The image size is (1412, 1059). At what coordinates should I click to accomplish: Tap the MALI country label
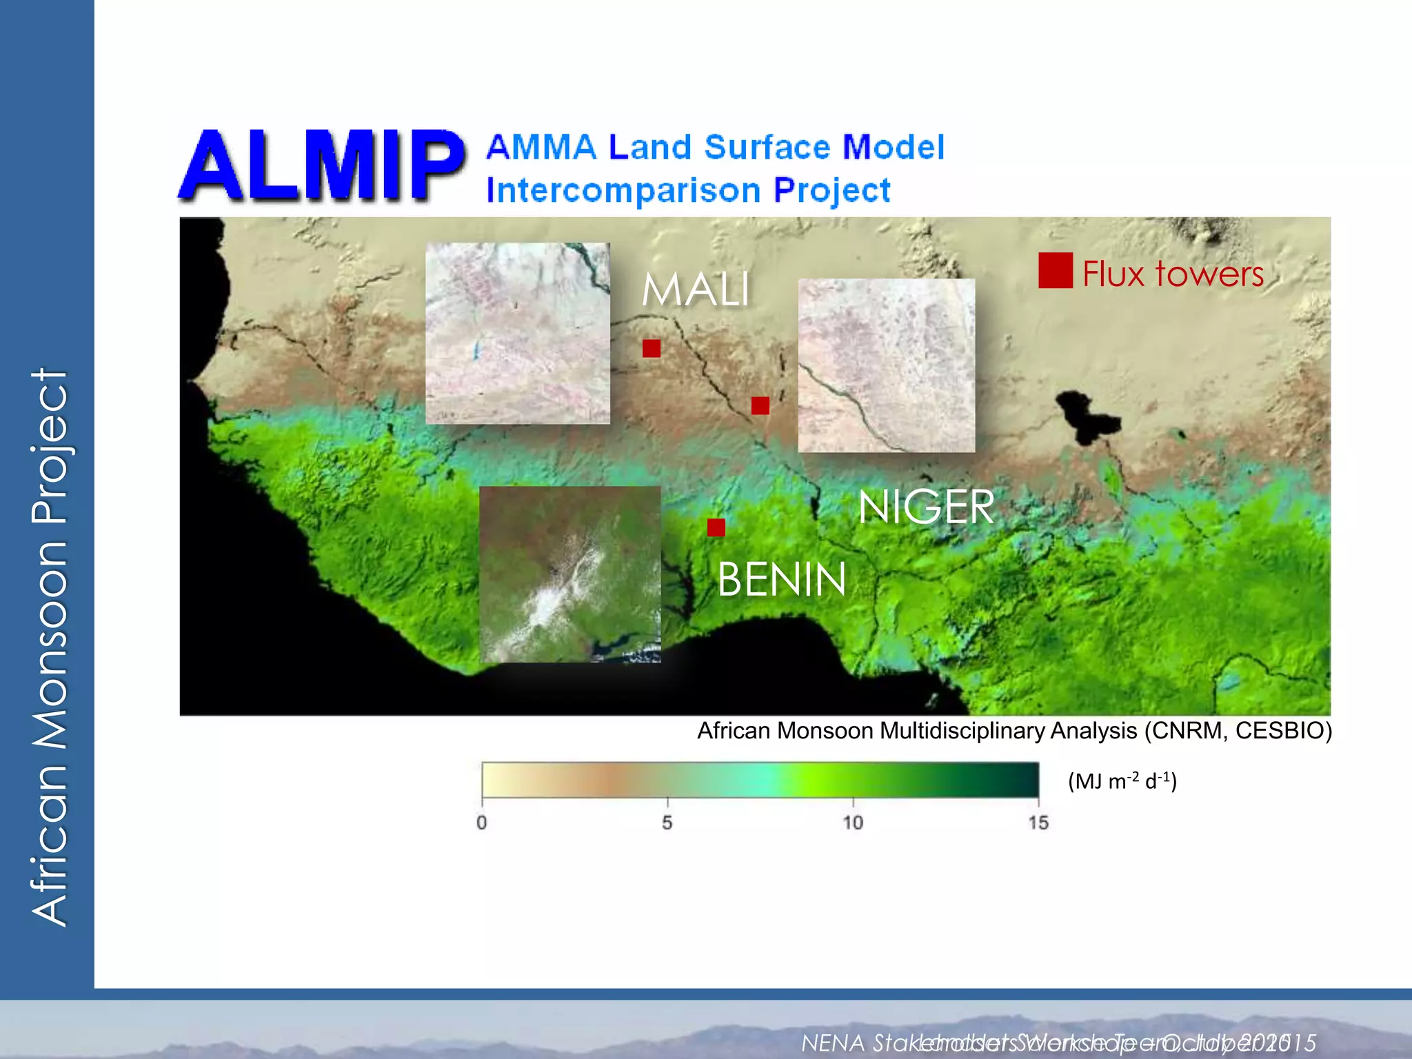pyautogui.click(x=696, y=290)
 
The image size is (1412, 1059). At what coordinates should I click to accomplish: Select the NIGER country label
pyautogui.click(x=926, y=507)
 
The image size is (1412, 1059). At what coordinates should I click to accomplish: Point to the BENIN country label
pyautogui.click(x=781, y=580)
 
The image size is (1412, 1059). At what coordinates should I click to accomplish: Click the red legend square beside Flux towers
pyautogui.click(x=1055, y=270)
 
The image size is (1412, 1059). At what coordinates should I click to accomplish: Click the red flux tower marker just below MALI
pyautogui.click(x=651, y=348)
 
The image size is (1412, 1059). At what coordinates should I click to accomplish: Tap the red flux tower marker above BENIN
pyautogui.click(x=716, y=527)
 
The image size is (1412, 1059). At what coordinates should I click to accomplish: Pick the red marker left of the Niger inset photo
pyautogui.click(x=760, y=405)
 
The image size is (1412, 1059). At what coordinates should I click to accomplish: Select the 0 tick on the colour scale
pyautogui.click(x=481, y=822)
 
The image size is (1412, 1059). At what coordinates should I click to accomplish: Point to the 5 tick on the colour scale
pyautogui.click(x=667, y=822)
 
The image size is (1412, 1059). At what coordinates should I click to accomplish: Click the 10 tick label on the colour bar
pyautogui.click(x=853, y=822)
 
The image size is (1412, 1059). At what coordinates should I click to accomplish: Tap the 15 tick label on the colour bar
pyautogui.click(x=1038, y=822)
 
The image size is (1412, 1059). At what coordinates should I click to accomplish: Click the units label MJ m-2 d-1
pyautogui.click(x=1122, y=781)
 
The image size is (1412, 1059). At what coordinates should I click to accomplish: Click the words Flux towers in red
pyautogui.click(x=1172, y=274)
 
